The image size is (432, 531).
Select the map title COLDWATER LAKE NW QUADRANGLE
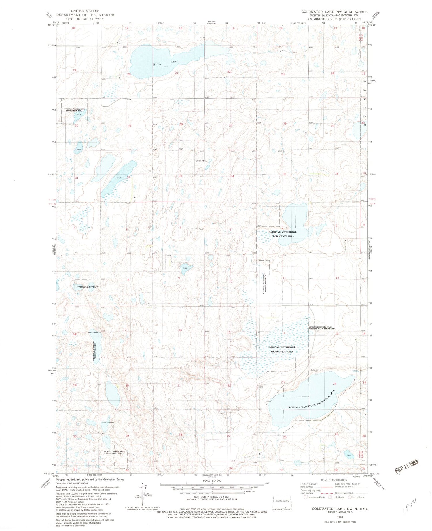click(334, 12)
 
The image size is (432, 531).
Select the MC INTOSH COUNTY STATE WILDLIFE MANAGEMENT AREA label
click(322, 328)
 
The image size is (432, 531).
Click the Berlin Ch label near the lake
click(314, 370)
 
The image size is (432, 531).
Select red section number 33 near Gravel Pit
click(180, 176)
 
